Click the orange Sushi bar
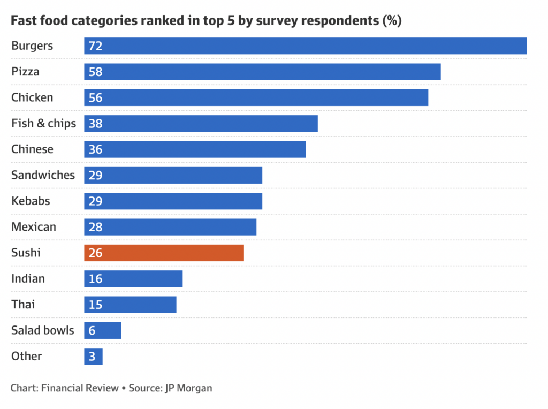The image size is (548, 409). [x=164, y=253]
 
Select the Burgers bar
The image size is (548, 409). [x=305, y=46]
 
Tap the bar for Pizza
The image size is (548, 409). [x=262, y=72]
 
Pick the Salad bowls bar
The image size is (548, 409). [x=103, y=330]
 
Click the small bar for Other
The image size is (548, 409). [x=93, y=357]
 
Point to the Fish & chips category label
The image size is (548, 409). [x=44, y=124]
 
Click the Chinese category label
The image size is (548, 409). [x=33, y=149]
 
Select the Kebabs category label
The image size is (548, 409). [x=31, y=201]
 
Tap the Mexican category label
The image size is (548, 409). [x=34, y=227]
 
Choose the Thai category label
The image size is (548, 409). [x=24, y=305]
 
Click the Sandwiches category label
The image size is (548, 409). [x=43, y=175]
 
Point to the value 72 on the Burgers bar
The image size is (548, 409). [x=95, y=46]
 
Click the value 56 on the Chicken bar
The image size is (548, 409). [x=95, y=98]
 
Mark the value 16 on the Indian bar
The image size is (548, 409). [x=95, y=279]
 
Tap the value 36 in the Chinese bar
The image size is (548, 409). [x=95, y=149]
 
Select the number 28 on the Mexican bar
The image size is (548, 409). [x=95, y=227]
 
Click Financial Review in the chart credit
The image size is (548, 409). [x=80, y=388]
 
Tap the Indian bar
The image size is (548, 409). [x=133, y=279]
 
